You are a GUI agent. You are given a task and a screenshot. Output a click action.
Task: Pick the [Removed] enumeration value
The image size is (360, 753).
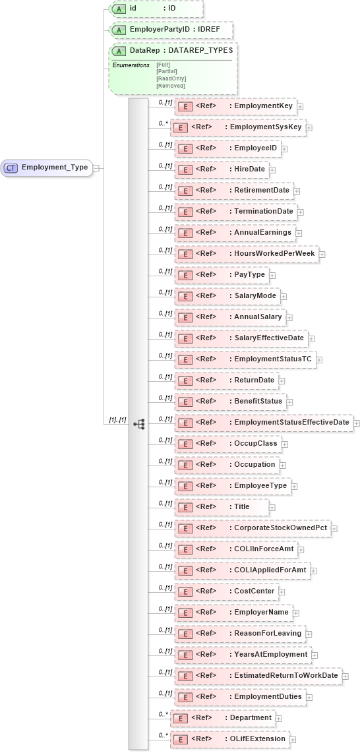tap(171, 86)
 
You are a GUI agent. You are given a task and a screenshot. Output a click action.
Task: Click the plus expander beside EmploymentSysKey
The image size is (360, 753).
tap(309, 127)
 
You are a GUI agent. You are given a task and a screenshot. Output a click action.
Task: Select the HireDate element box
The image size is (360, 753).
tap(221, 169)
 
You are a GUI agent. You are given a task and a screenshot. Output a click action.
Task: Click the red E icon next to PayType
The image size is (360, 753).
tap(185, 274)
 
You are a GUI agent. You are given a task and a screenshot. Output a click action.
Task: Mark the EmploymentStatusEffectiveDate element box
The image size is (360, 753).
tap(264, 422)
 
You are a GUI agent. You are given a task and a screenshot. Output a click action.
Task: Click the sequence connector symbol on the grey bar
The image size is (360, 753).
tap(138, 423)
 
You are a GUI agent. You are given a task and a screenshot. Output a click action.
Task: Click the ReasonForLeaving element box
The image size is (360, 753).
tap(240, 633)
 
